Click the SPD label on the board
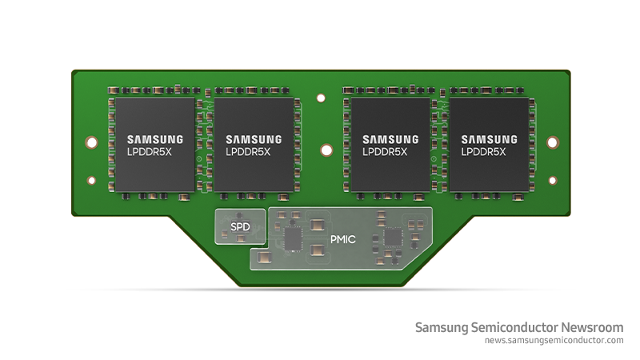pos(240,227)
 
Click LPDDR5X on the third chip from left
pos(385,150)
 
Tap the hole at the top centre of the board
pos(321,99)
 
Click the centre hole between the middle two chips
pos(326,150)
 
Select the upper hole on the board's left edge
pos(91,143)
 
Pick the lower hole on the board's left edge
pos(91,181)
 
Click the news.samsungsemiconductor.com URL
pos(554,341)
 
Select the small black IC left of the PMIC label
pos(293,238)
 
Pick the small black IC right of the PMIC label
pos(393,238)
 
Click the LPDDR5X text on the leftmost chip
pos(154,150)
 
